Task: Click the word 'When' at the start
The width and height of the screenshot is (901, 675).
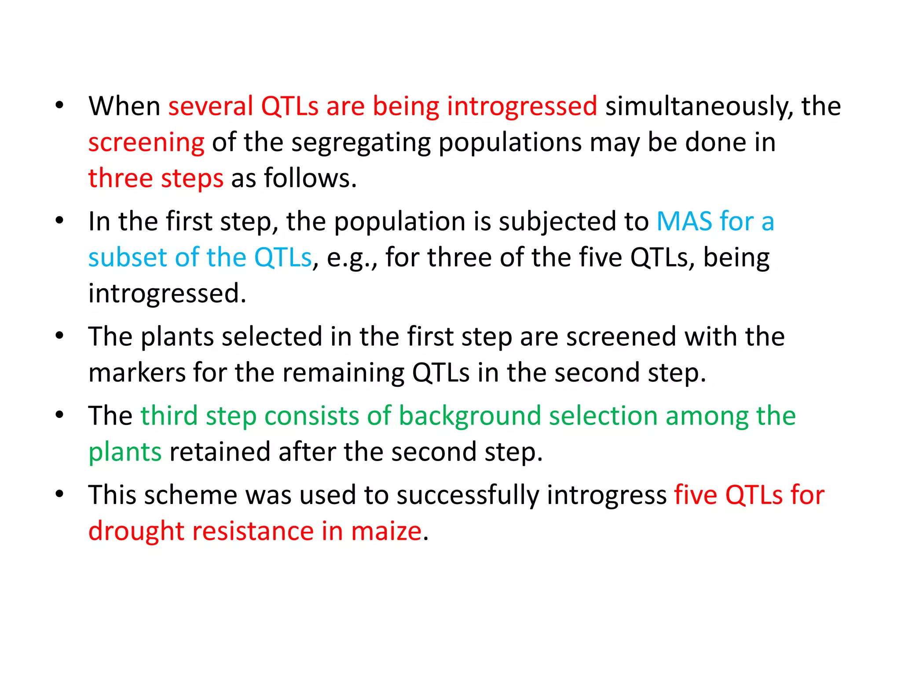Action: point(124,106)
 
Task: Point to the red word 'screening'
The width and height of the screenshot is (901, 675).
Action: point(146,143)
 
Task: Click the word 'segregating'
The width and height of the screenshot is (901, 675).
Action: point(361,143)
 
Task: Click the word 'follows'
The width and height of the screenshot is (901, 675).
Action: point(310,178)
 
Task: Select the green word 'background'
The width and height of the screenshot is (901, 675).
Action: point(469,416)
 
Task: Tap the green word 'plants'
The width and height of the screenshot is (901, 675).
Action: point(125,453)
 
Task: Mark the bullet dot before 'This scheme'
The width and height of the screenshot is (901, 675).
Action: point(60,494)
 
